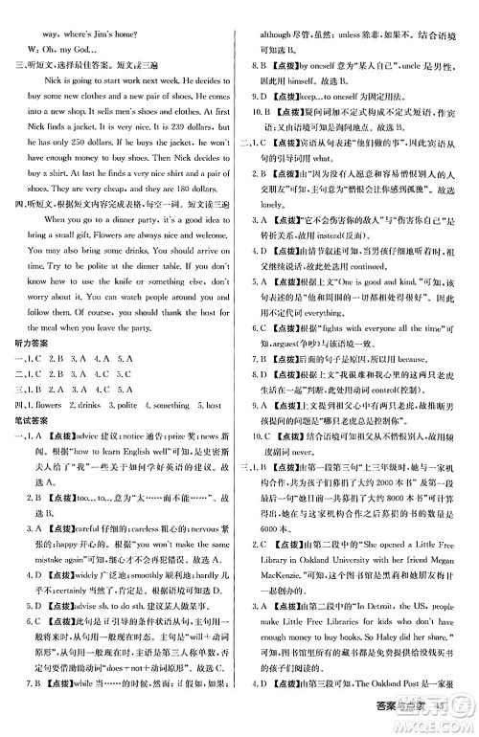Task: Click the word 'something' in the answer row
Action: [170, 407]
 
